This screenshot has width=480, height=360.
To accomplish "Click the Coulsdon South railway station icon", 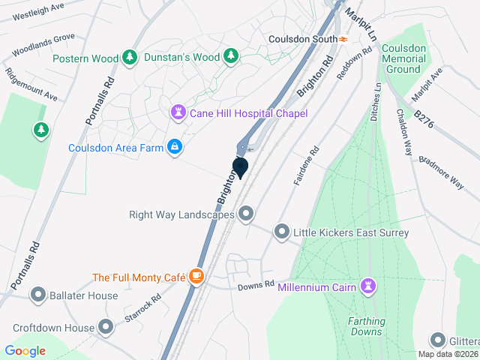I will (x=343, y=39).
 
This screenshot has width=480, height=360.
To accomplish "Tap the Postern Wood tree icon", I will (x=130, y=58).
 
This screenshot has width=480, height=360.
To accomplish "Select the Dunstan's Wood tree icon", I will (x=232, y=56).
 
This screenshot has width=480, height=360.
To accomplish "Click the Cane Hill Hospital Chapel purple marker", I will (x=178, y=113).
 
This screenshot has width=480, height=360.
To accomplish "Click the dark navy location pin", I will (x=241, y=167).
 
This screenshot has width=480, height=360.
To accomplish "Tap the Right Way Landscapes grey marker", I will (x=245, y=214).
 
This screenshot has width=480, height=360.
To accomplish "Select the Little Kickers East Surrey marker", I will (x=282, y=232).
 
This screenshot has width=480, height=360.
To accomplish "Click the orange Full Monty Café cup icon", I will (x=196, y=277).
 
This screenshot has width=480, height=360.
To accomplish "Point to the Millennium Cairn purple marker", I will (x=368, y=286).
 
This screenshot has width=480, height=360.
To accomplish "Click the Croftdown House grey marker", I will (x=106, y=328).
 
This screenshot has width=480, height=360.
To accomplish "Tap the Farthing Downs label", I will (x=365, y=326).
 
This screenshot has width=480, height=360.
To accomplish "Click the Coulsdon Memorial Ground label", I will (x=403, y=58).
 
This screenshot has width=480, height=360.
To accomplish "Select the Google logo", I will (x=25, y=350).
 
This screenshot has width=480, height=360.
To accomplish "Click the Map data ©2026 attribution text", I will (x=447, y=354).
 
